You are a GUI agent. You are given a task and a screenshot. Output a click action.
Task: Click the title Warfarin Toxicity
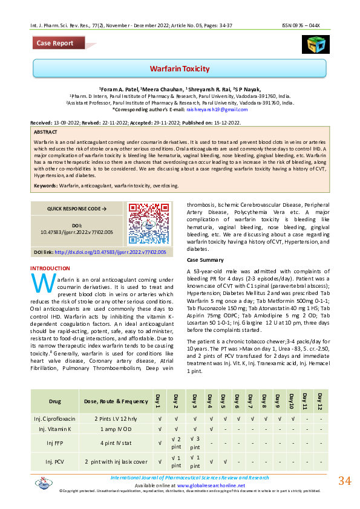tap(180, 68)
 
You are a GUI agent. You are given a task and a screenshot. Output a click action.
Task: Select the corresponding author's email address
tap(218, 109)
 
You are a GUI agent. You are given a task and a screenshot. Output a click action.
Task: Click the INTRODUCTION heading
tap(50, 268)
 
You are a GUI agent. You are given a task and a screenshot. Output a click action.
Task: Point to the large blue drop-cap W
tap(39, 283)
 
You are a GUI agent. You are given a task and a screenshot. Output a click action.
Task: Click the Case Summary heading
tap(206, 259)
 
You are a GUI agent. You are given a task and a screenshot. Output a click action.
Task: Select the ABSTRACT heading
tap(46, 132)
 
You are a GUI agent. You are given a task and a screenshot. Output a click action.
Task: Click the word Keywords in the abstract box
tap(46, 186)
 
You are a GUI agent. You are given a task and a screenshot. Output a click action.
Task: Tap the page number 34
tap(344, 481)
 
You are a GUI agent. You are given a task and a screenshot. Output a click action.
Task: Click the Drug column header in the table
tap(55, 401)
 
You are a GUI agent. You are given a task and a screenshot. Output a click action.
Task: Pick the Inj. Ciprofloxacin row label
tap(55, 418)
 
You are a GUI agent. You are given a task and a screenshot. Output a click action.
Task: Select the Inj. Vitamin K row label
tap(55, 429)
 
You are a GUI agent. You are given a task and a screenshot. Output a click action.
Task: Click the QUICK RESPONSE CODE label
tap(77, 209)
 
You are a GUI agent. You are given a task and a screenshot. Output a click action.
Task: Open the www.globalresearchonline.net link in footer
tap(211, 485)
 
